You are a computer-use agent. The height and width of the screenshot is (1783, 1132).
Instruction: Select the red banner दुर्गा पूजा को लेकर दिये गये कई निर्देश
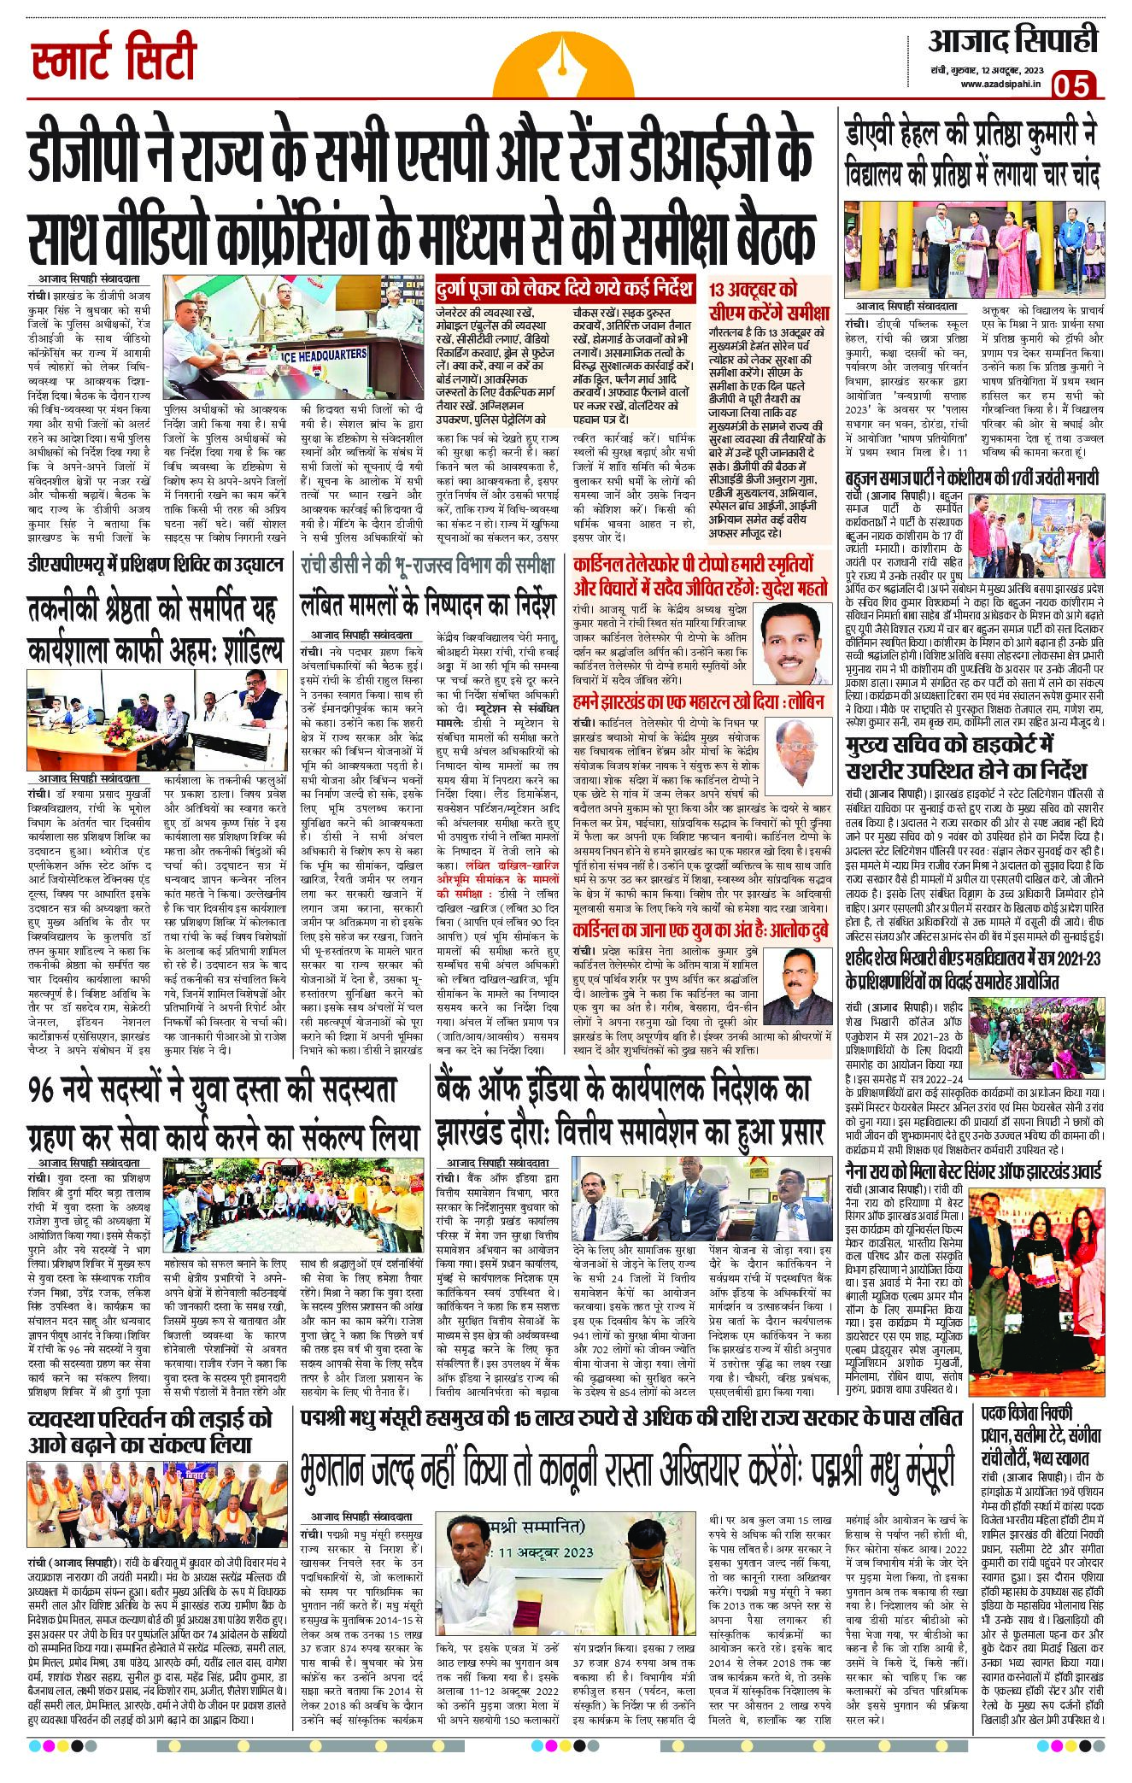click(565, 287)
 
